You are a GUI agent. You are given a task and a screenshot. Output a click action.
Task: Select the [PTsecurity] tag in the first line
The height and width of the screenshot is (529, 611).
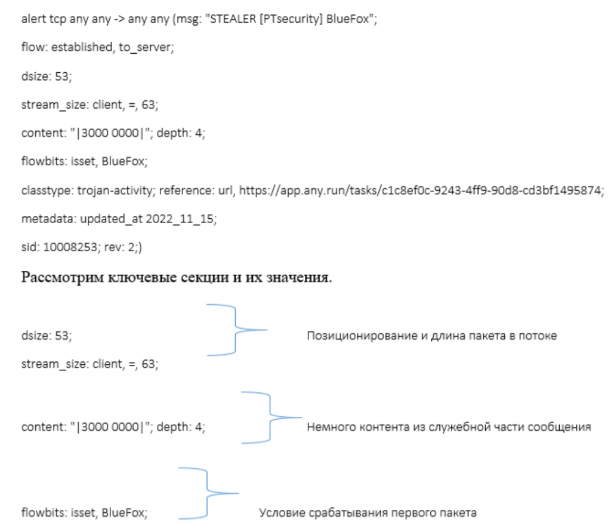(x=291, y=19)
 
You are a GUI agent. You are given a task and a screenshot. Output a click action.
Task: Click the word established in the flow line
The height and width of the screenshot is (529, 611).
(x=82, y=47)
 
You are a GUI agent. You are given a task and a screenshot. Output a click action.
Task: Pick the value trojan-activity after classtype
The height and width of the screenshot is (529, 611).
(x=116, y=190)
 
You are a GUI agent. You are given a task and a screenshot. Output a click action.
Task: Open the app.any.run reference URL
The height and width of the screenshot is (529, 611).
(x=419, y=190)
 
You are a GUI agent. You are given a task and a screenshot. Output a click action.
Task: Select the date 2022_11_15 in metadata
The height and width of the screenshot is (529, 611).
(x=180, y=219)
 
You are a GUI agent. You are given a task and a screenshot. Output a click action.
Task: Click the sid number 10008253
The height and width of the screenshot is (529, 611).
(x=70, y=248)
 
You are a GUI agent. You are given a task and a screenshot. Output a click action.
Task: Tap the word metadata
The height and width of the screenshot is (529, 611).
(x=47, y=219)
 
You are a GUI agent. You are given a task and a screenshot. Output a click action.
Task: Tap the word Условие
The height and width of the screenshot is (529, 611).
(x=282, y=513)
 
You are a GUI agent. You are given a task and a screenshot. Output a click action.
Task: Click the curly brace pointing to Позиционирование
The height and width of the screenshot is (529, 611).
(x=235, y=330)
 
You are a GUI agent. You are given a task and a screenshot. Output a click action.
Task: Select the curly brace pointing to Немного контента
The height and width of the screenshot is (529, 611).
(x=270, y=417)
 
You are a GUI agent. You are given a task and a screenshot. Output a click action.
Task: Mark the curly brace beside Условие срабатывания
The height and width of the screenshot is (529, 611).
(x=207, y=494)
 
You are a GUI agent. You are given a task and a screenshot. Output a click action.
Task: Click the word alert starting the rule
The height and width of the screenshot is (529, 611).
(x=33, y=18)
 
